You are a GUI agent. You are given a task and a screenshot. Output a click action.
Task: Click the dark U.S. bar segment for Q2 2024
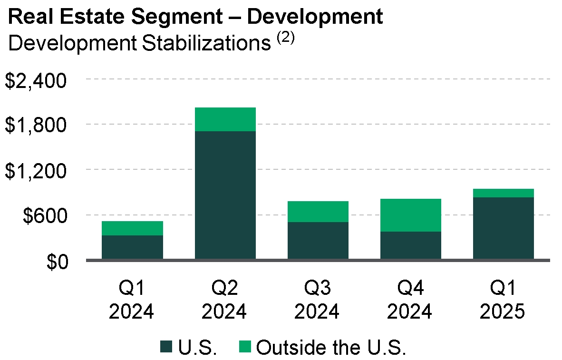(225, 195)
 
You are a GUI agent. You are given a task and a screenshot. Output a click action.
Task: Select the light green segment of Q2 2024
(225, 119)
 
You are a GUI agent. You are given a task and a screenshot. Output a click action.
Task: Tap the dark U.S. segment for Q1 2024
(132, 247)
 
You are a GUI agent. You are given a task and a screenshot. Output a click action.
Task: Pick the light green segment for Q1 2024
(132, 228)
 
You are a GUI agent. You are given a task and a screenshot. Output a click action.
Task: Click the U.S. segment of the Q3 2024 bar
(318, 241)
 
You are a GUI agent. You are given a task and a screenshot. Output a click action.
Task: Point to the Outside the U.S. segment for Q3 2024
(318, 212)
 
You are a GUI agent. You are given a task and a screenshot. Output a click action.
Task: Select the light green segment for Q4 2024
(411, 215)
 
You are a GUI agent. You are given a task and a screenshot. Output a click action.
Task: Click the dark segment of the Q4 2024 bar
(411, 245)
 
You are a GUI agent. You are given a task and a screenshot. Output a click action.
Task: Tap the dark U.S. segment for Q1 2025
(504, 228)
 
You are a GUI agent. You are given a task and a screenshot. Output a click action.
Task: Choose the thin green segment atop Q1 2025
(504, 193)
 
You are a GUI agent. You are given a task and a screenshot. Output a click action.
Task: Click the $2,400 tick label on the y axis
(35, 80)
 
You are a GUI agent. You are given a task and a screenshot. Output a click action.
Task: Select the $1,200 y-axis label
(35, 171)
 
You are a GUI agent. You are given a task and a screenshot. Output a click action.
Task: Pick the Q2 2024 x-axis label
(224, 300)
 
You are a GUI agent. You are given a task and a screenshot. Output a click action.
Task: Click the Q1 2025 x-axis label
(503, 300)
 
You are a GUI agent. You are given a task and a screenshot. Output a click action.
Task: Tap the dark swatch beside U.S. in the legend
(167, 347)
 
